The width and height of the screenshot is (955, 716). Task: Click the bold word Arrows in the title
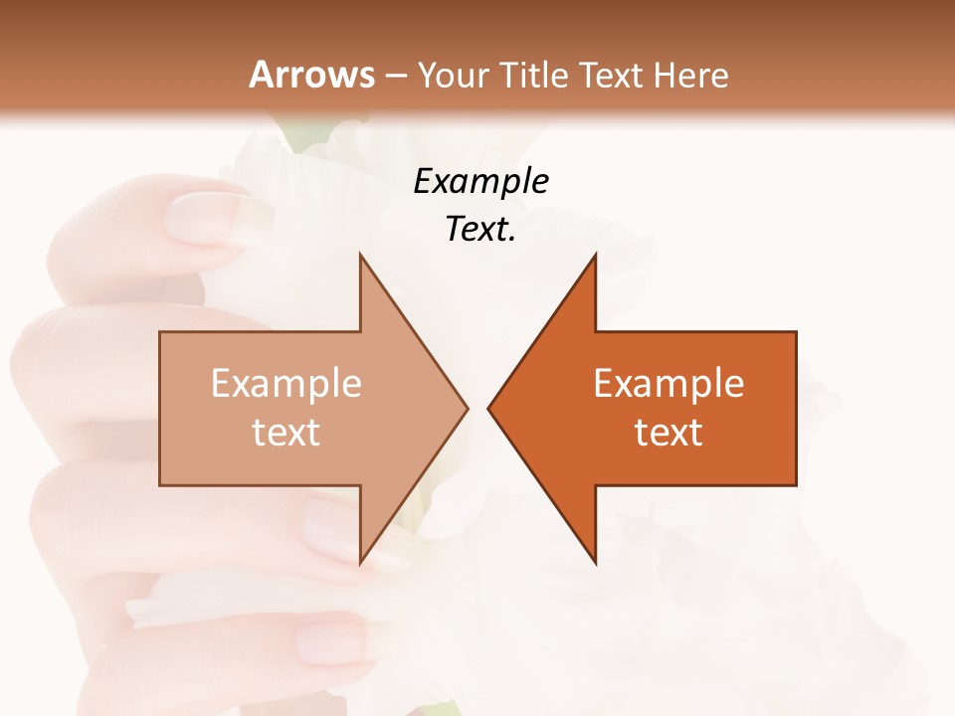point(311,75)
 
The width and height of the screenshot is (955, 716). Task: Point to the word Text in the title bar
point(612,75)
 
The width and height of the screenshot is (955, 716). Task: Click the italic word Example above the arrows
point(480,181)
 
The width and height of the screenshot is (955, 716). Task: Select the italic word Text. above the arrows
point(480,229)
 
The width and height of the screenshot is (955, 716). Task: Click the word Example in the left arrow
point(286,383)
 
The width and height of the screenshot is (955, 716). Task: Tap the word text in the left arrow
point(286,432)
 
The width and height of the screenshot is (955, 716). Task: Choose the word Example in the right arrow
point(668,383)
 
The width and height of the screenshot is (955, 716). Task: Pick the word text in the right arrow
point(668,432)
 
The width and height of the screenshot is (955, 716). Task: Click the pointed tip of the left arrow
point(466,408)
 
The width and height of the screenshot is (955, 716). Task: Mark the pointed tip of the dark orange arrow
point(490,408)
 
